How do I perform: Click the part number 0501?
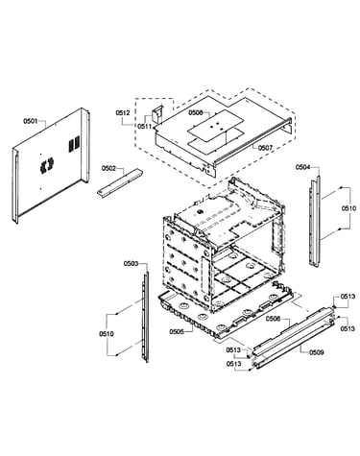[31, 121]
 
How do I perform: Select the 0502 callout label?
[108, 168]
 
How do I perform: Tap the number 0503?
[131, 263]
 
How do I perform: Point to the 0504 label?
[302, 167]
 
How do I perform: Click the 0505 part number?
[177, 331]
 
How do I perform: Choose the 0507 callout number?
[265, 148]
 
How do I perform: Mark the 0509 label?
[317, 352]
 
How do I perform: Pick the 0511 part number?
[145, 127]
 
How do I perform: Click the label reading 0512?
[123, 112]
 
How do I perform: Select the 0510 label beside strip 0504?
[348, 208]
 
